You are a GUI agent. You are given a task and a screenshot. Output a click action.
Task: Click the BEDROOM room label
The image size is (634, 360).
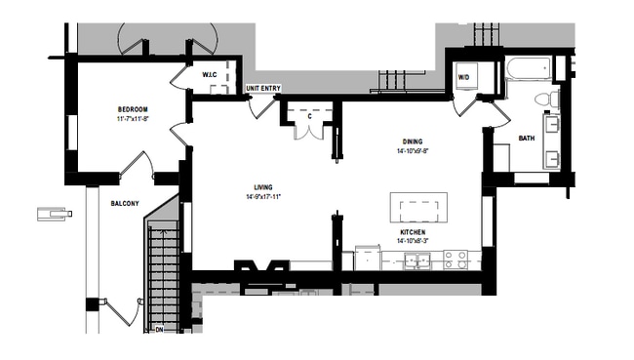[133, 108]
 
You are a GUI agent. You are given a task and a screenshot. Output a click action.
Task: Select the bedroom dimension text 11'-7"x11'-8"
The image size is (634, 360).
[133, 118]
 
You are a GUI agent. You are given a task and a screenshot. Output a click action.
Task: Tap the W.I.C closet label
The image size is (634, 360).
[210, 75]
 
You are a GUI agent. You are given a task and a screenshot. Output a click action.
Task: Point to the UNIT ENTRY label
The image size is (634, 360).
[263, 89]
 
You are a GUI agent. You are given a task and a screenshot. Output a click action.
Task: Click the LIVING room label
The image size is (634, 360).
[262, 186]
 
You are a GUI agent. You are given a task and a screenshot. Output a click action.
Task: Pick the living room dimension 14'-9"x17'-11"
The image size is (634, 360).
[263, 196]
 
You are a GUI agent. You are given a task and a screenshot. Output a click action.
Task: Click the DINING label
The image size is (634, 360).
[413, 141]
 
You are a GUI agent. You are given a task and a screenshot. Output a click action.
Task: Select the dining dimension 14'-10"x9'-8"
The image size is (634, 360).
[414, 151]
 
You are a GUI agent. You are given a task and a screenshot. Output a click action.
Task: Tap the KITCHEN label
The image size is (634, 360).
[413, 231]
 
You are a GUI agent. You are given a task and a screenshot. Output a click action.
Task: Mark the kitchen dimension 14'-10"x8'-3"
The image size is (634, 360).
[414, 241]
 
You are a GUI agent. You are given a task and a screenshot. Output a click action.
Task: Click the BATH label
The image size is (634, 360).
[526, 138]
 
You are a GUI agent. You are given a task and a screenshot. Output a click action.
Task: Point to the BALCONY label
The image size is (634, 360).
[124, 203]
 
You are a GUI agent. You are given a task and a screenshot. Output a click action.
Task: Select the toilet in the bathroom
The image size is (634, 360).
[549, 99]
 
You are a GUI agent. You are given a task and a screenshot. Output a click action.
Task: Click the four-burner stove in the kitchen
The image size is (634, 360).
[455, 260]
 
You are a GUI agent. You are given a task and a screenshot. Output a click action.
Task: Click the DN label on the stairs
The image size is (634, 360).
[159, 330]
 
